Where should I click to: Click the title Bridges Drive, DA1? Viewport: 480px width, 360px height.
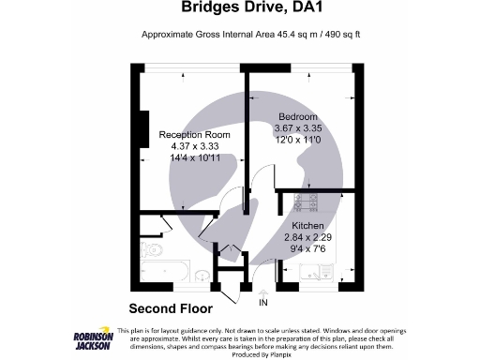(239, 9)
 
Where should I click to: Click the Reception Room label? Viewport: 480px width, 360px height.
(195, 134)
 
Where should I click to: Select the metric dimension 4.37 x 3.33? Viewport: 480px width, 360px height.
(195, 146)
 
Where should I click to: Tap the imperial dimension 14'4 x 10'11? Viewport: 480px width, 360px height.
(195, 158)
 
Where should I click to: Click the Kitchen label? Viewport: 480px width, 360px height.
(308, 226)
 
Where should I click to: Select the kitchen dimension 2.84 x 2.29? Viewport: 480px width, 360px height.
(309, 238)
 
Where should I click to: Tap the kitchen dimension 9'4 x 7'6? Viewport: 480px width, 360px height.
(308, 250)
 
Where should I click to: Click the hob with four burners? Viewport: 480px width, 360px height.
(309, 200)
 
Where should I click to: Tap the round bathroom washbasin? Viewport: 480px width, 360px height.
(203, 275)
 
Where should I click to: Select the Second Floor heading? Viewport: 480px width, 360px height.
(170, 307)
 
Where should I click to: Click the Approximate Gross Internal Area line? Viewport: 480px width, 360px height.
(239, 35)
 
